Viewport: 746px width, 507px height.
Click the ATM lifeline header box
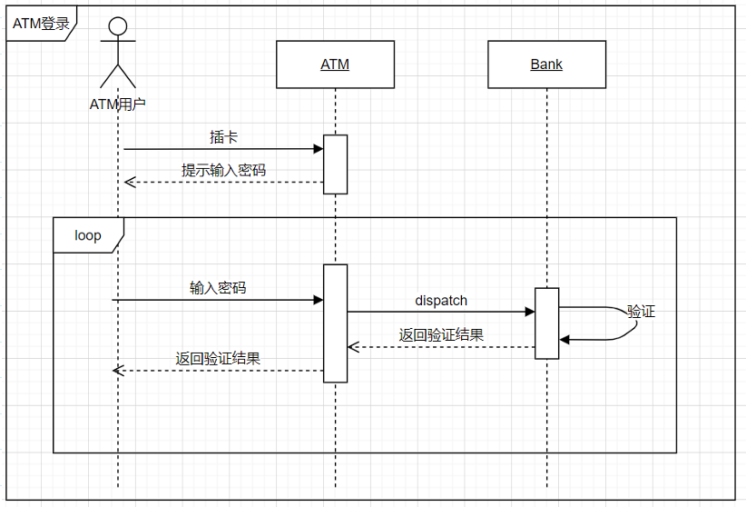coord(335,65)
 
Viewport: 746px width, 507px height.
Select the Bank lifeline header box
coord(546,65)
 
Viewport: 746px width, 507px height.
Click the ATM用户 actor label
coord(118,104)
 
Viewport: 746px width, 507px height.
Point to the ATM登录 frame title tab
coord(41,24)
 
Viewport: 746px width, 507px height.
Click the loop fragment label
coord(88,235)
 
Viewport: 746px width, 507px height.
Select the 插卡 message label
coord(224,137)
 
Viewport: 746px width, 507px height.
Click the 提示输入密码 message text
coord(223,170)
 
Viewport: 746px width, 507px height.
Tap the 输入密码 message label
coord(218,288)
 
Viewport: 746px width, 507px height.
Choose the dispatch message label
coord(441,300)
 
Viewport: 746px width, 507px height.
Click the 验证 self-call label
coord(641,312)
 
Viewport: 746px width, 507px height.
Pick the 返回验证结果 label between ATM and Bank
coord(441,335)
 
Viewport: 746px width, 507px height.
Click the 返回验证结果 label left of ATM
coord(218,358)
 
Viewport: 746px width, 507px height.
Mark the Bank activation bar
coord(546,323)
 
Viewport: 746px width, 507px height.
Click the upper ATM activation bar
coord(335,164)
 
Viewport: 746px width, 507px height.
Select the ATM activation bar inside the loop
coord(335,323)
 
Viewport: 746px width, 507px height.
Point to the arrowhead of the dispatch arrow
coord(530,312)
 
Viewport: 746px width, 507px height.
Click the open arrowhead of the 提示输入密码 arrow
coord(130,183)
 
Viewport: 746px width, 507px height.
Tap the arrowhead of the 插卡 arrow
coord(318,148)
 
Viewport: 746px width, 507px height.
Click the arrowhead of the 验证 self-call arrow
coord(564,339)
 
